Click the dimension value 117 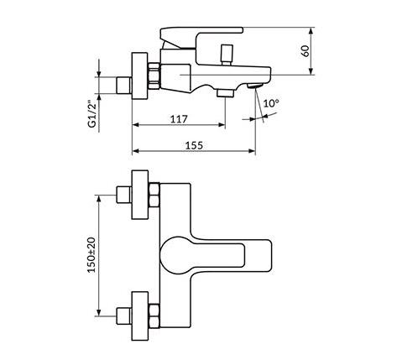[179, 119]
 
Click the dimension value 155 [194, 145]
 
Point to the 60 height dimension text [306, 51]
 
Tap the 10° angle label [271, 103]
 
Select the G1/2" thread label [92, 114]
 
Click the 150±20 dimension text [91, 255]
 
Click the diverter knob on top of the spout [227, 55]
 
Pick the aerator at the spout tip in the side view [255, 86]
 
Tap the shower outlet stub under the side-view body [226, 93]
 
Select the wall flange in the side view [139, 76]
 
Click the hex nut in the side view [154, 76]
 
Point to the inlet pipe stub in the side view [124, 85]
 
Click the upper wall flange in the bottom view [140, 195]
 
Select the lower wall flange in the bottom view [140, 316]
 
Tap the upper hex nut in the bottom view [154, 195]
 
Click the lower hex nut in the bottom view [154, 316]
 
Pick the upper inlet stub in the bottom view [124, 195]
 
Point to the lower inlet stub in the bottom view [124, 316]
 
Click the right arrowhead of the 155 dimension [252, 151]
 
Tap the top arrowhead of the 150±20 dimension [98, 199]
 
